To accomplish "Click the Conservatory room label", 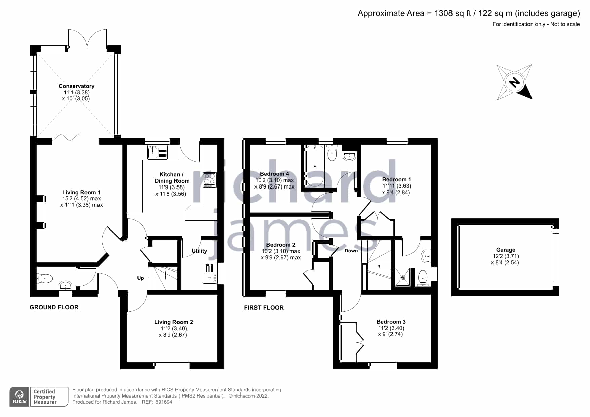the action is point(76,86).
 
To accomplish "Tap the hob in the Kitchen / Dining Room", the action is point(210,180).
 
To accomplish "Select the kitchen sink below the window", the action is point(157,152).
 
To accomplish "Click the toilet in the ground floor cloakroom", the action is point(45,278).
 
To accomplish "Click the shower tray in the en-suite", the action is point(403,277).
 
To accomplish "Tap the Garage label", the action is point(506,250).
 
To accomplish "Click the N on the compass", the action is point(514,82).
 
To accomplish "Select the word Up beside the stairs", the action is point(141,278).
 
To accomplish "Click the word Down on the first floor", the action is point(351,251).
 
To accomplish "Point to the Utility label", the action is point(199,251).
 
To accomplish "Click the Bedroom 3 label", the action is point(391,322).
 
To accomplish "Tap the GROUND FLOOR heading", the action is point(54,307).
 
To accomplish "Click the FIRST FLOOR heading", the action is point(264,308).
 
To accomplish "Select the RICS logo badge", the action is point(19,397).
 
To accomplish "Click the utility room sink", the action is point(210,278).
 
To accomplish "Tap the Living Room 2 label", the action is point(173,322).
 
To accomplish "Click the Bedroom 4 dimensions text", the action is point(274,183).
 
